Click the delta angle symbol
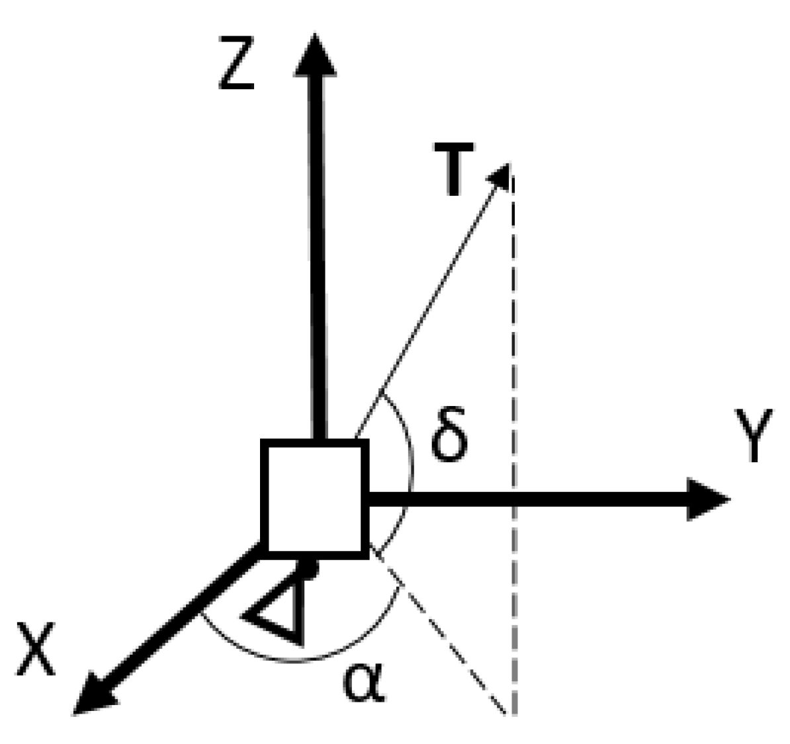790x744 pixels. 449,436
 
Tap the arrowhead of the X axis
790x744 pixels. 93,698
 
